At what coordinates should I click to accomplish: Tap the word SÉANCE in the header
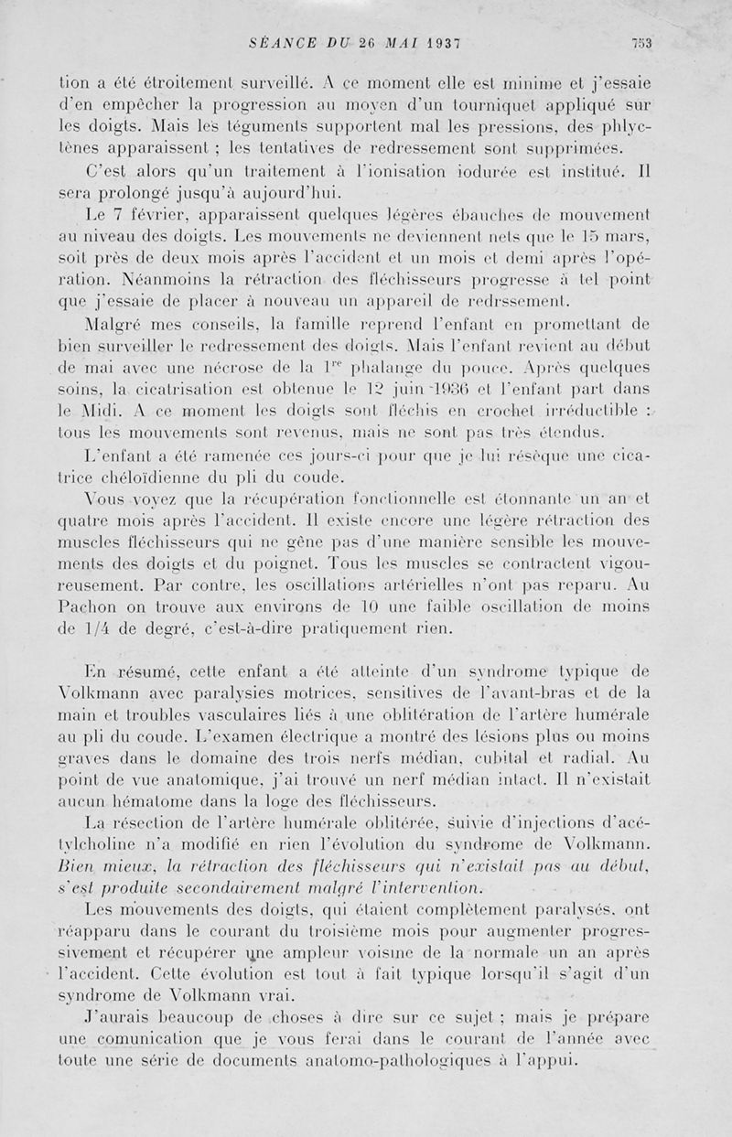[281, 42]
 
